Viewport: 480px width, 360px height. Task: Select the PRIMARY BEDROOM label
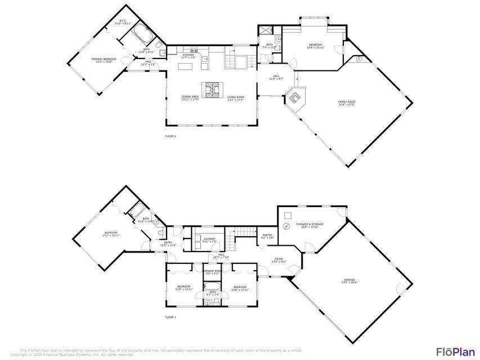click(x=104, y=58)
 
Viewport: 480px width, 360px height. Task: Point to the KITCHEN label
click(x=188, y=55)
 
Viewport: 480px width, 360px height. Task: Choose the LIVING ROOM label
click(x=236, y=97)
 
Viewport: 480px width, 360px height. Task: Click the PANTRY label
click(x=267, y=235)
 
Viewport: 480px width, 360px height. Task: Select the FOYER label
click(x=279, y=259)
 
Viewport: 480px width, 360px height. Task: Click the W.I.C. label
click(x=123, y=21)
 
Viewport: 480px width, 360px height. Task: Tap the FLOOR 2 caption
click(x=171, y=136)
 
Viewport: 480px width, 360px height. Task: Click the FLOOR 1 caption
click(x=171, y=317)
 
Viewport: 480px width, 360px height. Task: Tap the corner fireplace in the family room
click(x=295, y=99)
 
